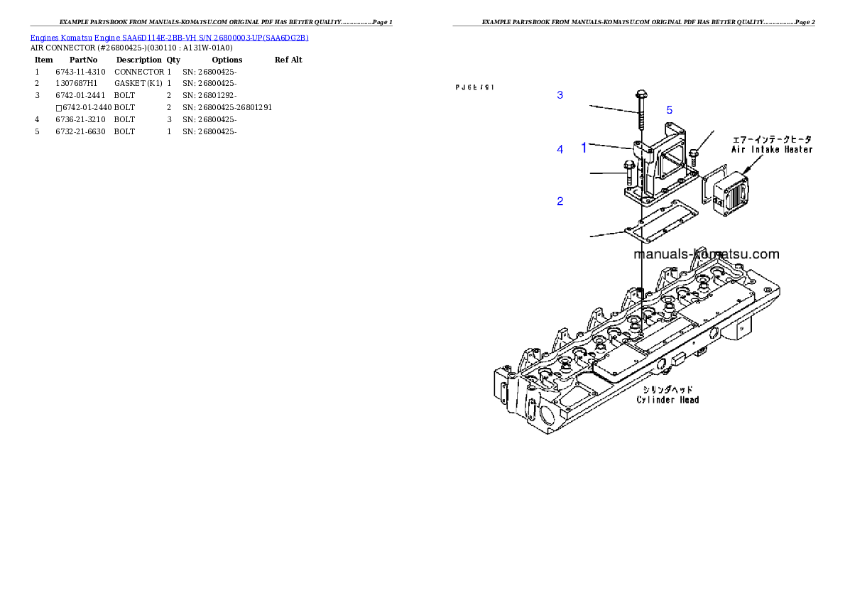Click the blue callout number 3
coord(560,94)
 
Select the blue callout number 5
coord(669,110)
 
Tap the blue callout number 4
coord(560,150)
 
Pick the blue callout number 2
coord(560,202)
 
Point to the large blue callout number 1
coord(584,148)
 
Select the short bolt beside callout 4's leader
coord(629,172)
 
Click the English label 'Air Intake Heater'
coord(772,150)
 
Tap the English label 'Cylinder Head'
coord(667,400)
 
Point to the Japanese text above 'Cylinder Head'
coord(667,390)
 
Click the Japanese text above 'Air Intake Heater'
coord(772,139)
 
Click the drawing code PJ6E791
coord(474,87)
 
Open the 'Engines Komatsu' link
coord(61,38)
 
